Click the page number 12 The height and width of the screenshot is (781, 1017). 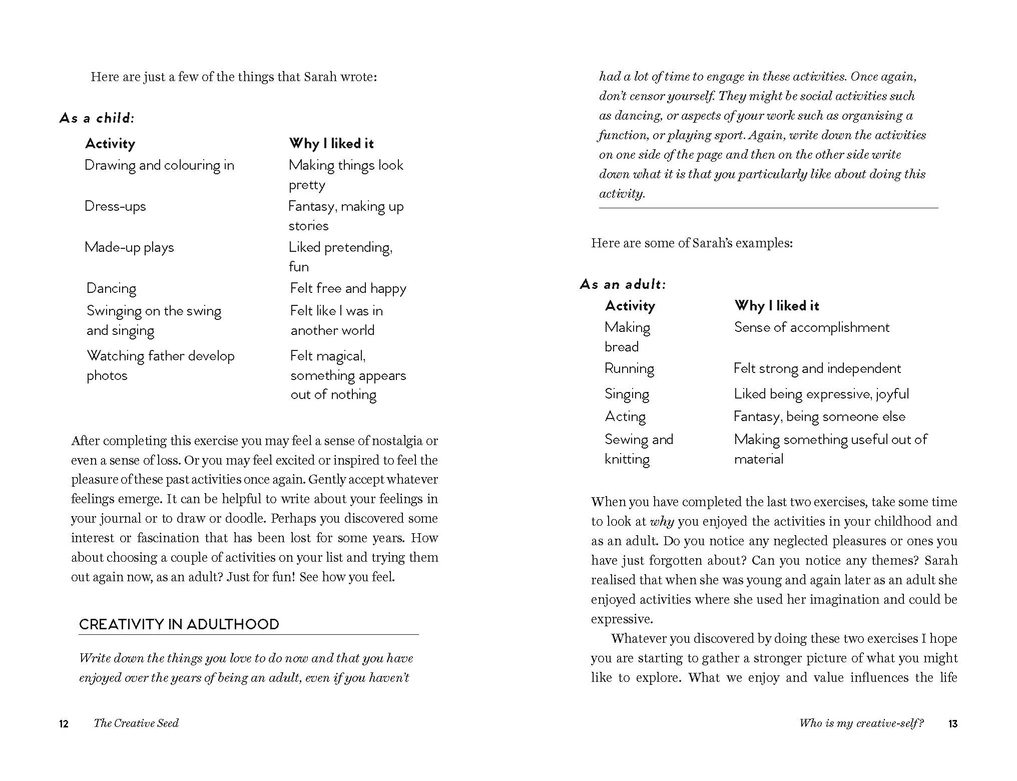tap(64, 723)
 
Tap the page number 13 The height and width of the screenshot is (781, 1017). tap(952, 723)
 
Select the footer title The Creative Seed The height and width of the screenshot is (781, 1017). tap(136, 723)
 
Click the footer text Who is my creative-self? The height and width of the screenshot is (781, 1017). tap(861, 723)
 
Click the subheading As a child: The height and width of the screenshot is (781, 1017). tap(97, 118)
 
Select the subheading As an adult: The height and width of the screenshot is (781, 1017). tap(623, 284)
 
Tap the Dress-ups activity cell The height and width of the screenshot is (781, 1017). tap(115, 206)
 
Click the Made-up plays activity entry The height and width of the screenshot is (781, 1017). tap(129, 247)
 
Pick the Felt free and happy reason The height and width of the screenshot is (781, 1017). tap(348, 288)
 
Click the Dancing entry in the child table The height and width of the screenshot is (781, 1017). tap(111, 288)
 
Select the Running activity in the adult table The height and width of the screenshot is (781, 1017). tap(629, 368)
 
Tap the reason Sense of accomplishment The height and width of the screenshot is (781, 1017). tap(811, 327)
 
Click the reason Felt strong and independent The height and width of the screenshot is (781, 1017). tap(817, 368)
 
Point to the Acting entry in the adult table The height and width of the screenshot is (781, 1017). tap(625, 417)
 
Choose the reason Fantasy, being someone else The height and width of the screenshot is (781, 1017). tap(819, 417)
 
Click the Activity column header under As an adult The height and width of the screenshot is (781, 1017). tap(630, 306)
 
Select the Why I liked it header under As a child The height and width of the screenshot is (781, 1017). tap(331, 144)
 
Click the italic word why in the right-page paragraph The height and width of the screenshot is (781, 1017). tap(662, 522)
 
